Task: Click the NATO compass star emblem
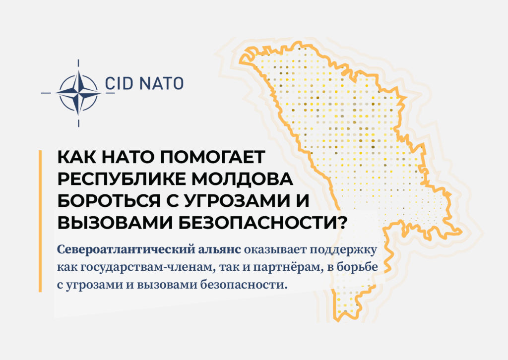point(78,93)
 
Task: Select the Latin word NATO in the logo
point(162,83)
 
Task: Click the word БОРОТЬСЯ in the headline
point(109,201)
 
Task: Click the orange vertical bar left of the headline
point(40,221)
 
